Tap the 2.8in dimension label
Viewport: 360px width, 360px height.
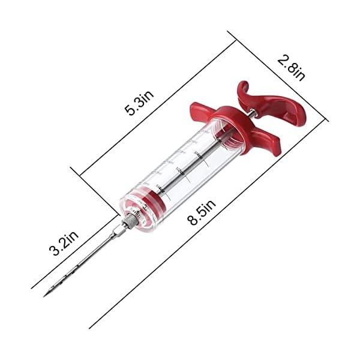[x=291, y=67]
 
